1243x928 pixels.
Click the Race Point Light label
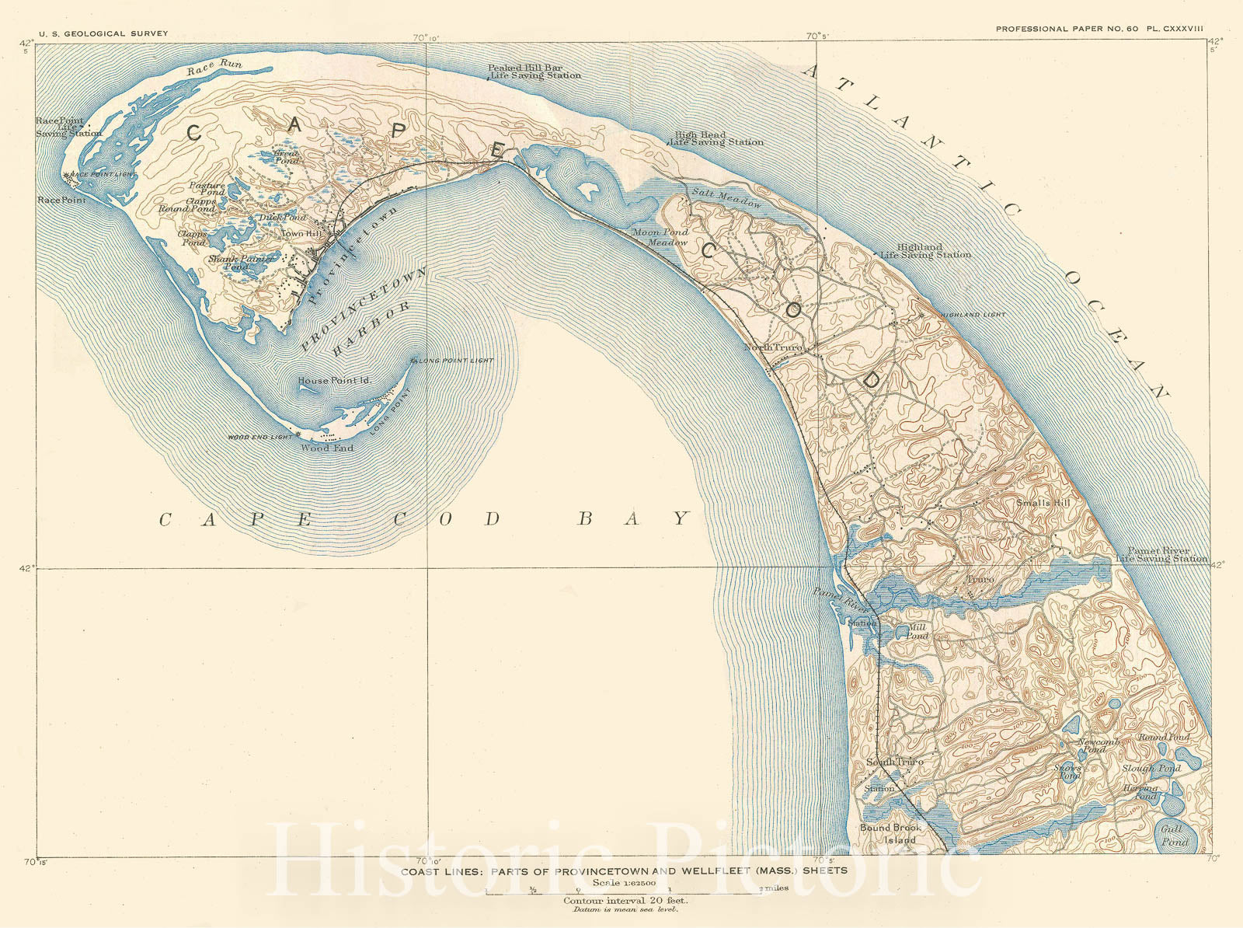[x=102, y=175]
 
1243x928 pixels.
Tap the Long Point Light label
[x=455, y=361]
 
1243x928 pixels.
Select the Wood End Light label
[x=259, y=438]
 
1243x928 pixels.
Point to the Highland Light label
[x=973, y=315]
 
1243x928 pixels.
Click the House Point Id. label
[x=335, y=381]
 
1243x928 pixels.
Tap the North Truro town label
[x=772, y=347]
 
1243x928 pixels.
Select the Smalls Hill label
[x=1043, y=503]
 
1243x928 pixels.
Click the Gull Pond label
[x=1173, y=836]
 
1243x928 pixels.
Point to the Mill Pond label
[x=917, y=631]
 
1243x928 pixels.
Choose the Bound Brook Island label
[x=890, y=833]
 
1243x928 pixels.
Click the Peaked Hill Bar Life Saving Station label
[x=534, y=72]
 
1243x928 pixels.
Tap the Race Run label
[x=214, y=68]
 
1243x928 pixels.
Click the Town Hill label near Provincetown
[x=301, y=234]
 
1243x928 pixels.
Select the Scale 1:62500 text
[x=624, y=883]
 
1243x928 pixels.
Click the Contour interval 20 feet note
[x=625, y=901]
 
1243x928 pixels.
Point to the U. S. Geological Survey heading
[x=103, y=34]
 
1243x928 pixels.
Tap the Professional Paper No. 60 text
[x=1067, y=29]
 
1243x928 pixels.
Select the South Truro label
[x=895, y=762]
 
